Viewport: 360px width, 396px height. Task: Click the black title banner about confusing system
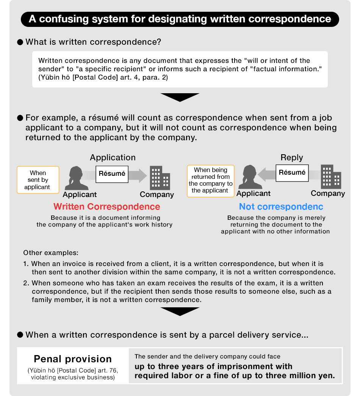pos(180,19)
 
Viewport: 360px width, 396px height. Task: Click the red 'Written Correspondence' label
pos(106,207)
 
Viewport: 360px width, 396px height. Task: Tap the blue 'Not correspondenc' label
pos(281,207)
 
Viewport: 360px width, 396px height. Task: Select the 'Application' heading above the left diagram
pos(113,157)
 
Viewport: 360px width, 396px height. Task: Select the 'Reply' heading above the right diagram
pos(292,157)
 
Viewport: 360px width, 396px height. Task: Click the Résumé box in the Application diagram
pos(112,174)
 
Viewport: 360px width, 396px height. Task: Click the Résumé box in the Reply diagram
pos(292,173)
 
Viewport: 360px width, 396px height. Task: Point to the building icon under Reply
pos(331,177)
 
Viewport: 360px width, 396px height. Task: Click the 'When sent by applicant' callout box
pos(38,180)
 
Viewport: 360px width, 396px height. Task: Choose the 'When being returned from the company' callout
pos(211,180)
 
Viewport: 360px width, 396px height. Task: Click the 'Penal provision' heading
pos(73,359)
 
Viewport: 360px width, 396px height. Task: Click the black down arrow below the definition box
pos(180,97)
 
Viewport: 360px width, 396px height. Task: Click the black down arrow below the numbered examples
pos(180,311)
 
